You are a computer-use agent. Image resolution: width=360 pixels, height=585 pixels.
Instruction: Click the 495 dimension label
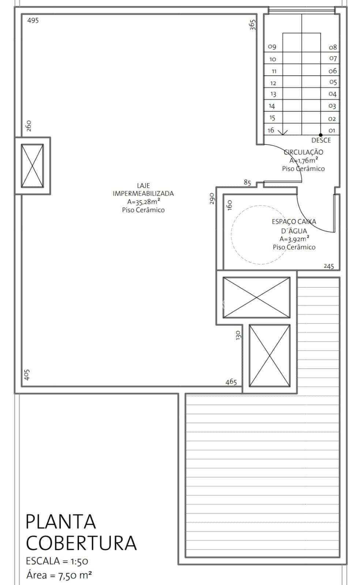[x=33, y=20]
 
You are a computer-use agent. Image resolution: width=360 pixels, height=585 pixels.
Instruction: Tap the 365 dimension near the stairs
[x=253, y=25]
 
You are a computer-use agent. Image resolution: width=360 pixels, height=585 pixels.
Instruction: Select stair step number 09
[x=272, y=47]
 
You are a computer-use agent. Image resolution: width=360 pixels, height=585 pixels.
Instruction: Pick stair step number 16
[x=271, y=130]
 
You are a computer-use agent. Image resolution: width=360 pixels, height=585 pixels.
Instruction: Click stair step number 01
[x=332, y=130]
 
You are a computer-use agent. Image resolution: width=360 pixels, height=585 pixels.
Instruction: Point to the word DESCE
[x=321, y=140]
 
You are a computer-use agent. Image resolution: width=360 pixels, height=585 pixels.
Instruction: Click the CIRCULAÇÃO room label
[x=303, y=152]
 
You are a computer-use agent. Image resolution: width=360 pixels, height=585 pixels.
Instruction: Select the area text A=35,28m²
[x=143, y=202]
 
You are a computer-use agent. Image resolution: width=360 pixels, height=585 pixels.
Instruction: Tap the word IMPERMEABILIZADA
[x=143, y=194]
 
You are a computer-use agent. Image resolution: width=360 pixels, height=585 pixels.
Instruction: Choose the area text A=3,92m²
[x=294, y=239]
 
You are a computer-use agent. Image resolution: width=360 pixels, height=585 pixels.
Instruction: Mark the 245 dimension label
[x=329, y=266]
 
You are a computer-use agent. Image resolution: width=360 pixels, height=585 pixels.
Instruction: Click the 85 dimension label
[x=247, y=182]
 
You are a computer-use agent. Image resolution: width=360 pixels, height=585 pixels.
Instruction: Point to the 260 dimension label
[x=29, y=125]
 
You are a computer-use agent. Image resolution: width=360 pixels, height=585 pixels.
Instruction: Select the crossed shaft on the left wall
[x=33, y=166]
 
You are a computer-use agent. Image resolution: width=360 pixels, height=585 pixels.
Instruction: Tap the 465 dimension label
[x=231, y=382]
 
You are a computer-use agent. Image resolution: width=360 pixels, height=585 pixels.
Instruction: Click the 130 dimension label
[x=238, y=335]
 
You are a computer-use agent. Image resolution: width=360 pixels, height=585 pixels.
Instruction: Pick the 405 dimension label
[x=27, y=375]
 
